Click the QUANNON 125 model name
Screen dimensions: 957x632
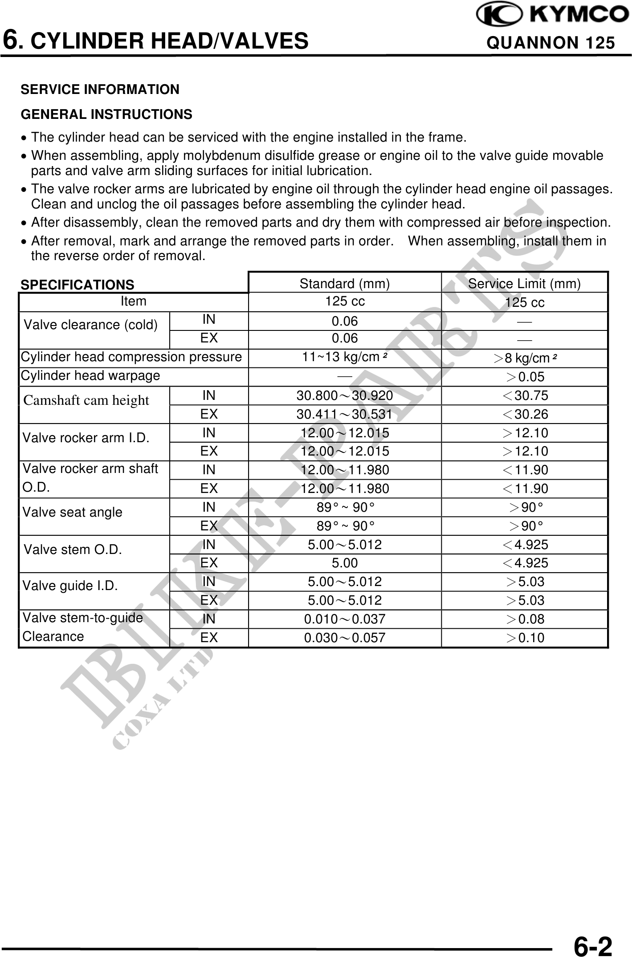coord(551,43)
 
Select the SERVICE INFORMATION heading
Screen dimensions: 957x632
coord(100,90)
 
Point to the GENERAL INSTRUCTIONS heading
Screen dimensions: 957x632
coord(106,114)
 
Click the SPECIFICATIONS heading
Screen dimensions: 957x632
coord(77,285)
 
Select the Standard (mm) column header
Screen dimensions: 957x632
coord(345,284)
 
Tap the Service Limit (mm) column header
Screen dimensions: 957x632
coord(524,284)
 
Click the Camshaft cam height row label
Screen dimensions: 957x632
coord(86,400)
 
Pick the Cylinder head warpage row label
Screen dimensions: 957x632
coord(90,376)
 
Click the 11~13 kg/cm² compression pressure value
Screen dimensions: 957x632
coord(344,357)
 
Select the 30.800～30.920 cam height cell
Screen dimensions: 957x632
coord(345,395)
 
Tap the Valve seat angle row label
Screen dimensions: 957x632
coord(72,512)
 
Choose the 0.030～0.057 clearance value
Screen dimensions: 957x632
coord(345,638)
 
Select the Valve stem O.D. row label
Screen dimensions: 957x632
coord(73,550)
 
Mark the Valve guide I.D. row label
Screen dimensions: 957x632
coord(70,586)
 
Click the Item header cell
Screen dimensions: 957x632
coord(133,301)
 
